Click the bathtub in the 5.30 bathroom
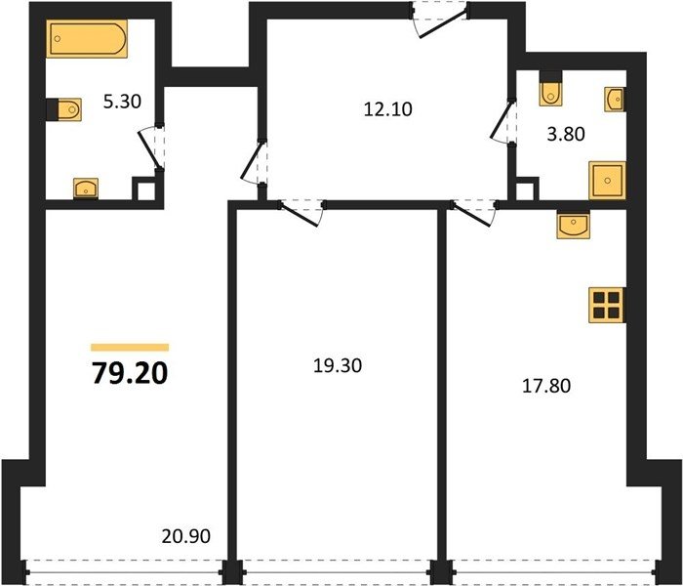click(x=87, y=38)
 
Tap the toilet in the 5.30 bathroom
click(x=64, y=109)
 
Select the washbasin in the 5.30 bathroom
click(x=86, y=188)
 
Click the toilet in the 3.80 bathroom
click(x=550, y=89)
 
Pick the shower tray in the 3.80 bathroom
click(x=607, y=181)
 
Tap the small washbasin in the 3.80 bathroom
click(x=615, y=99)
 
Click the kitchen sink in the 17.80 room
click(x=574, y=225)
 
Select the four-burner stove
click(x=607, y=305)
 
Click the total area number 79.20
click(x=130, y=374)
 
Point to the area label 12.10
click(x=387, y=109)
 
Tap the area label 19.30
click(x=338, y=366)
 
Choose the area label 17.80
click(x=546, y=386)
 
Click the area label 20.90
click(x=186, y=536)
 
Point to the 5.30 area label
click(x=122, y=102)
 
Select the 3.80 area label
click(x=566, y=134)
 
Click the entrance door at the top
click(x=440, y=20)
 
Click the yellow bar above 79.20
click(x=130, y=348)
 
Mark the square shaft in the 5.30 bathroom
click(x=146, y=189)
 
